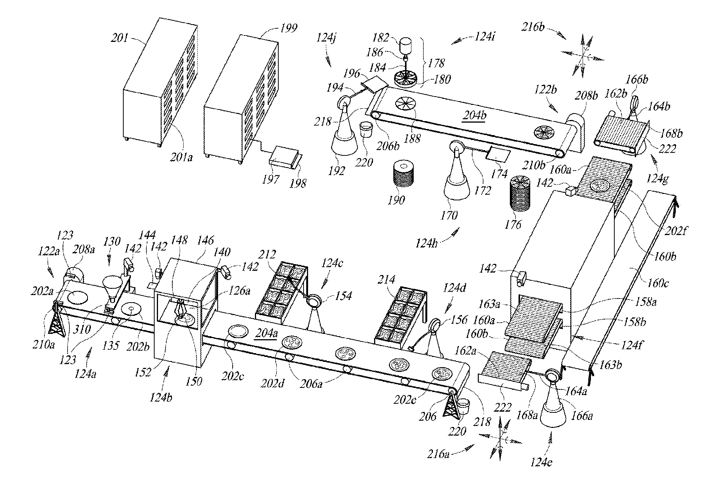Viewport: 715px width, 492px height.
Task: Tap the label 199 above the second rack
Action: (289, 28)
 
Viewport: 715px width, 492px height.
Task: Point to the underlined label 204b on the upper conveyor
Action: (475, 116)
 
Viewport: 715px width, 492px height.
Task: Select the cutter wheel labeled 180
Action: (405, 80)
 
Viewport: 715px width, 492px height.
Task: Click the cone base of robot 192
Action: (344, 145)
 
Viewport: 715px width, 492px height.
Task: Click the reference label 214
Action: (386, 280)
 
